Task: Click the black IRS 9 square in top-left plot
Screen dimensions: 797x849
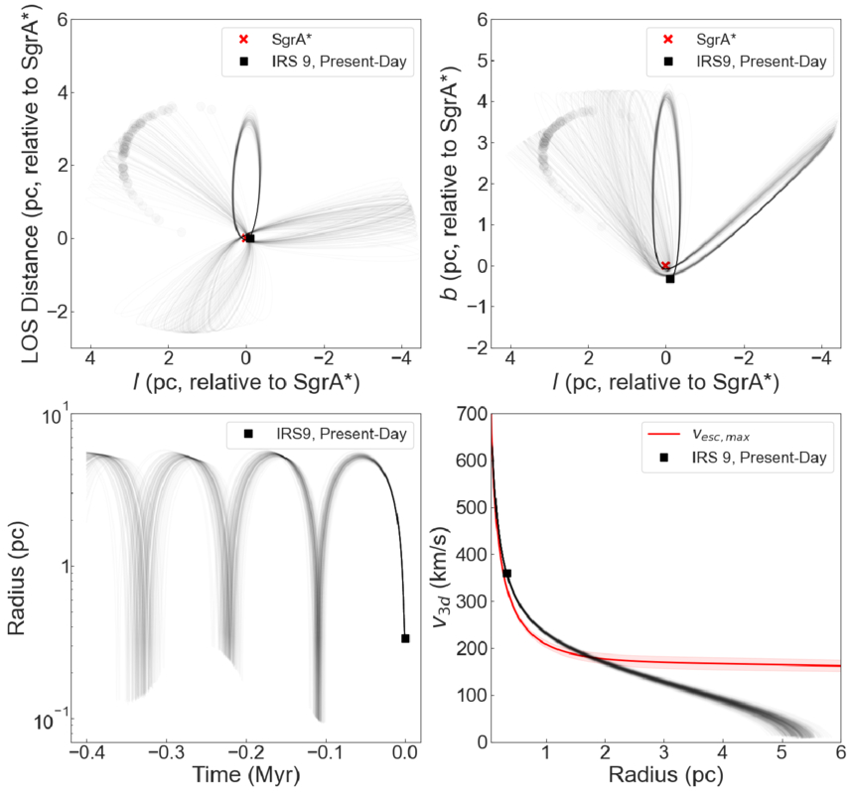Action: pos(250,238)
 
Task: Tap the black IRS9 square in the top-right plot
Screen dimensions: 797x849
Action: pos(670,279)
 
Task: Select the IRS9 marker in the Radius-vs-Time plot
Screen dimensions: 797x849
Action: pos(405,638)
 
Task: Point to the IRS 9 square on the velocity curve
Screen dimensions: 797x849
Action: pos(507,574)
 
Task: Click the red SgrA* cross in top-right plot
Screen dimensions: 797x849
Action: pos(665,265)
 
